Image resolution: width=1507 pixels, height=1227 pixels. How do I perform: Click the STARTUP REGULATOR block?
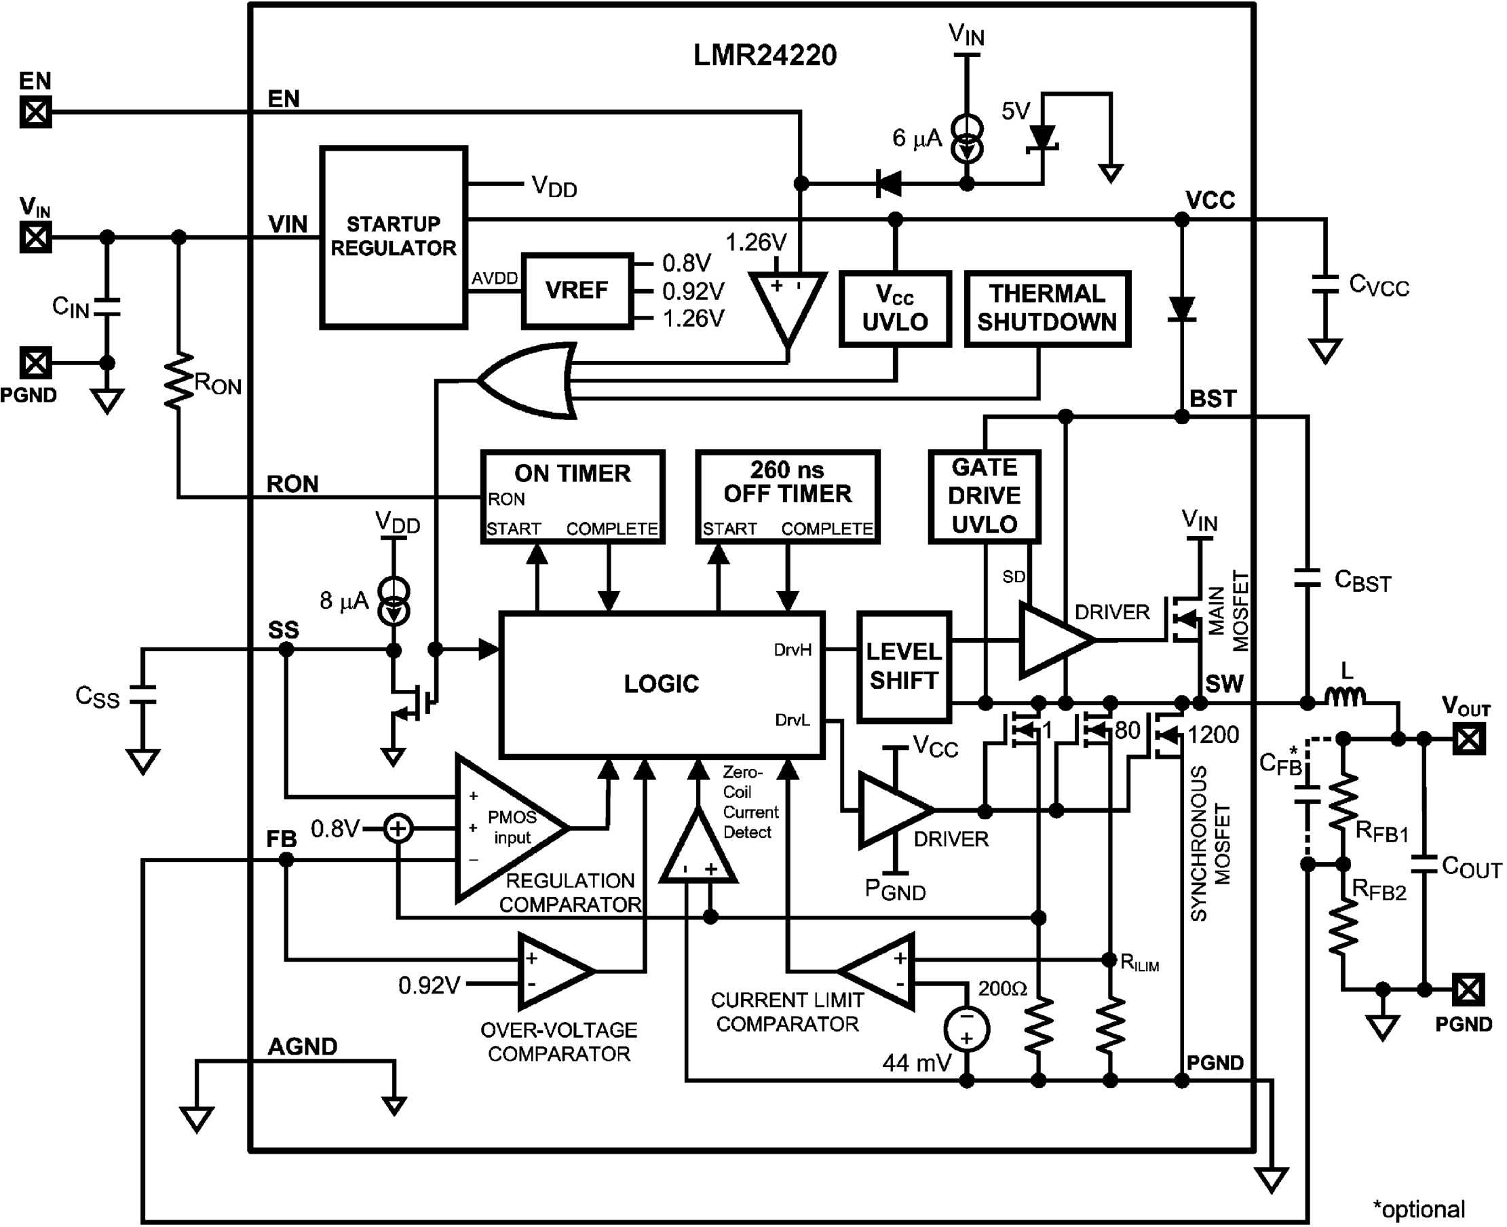coord(394,237)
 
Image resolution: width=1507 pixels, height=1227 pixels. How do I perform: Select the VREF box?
coord(577,290)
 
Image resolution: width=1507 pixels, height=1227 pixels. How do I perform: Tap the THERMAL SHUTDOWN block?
coord(1047,309)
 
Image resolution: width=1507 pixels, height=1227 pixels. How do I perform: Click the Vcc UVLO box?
coord(894,309)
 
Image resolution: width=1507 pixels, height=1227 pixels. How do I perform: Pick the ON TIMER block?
coord(572,496)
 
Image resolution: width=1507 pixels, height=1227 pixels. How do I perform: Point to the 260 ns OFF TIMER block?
coord(787,496)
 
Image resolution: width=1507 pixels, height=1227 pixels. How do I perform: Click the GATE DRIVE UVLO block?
coord(984,496)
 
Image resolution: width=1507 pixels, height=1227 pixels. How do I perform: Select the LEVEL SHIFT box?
coord(904,666)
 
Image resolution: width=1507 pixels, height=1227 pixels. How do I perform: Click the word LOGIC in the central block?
coord(662,683)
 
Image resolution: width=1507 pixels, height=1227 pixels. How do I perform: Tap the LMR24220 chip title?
coord(765,55)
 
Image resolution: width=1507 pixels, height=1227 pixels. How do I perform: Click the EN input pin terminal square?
coord(35,112)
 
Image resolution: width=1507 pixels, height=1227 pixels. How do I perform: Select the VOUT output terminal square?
coord(1468,739)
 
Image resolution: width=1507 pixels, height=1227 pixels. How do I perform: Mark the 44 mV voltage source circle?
coord(966,1029)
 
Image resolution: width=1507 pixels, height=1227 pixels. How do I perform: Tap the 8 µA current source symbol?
coord(394,601)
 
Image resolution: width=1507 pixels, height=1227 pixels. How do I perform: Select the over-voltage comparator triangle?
coord(553,971)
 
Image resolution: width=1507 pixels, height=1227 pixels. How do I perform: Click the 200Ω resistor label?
coord(1002,988)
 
